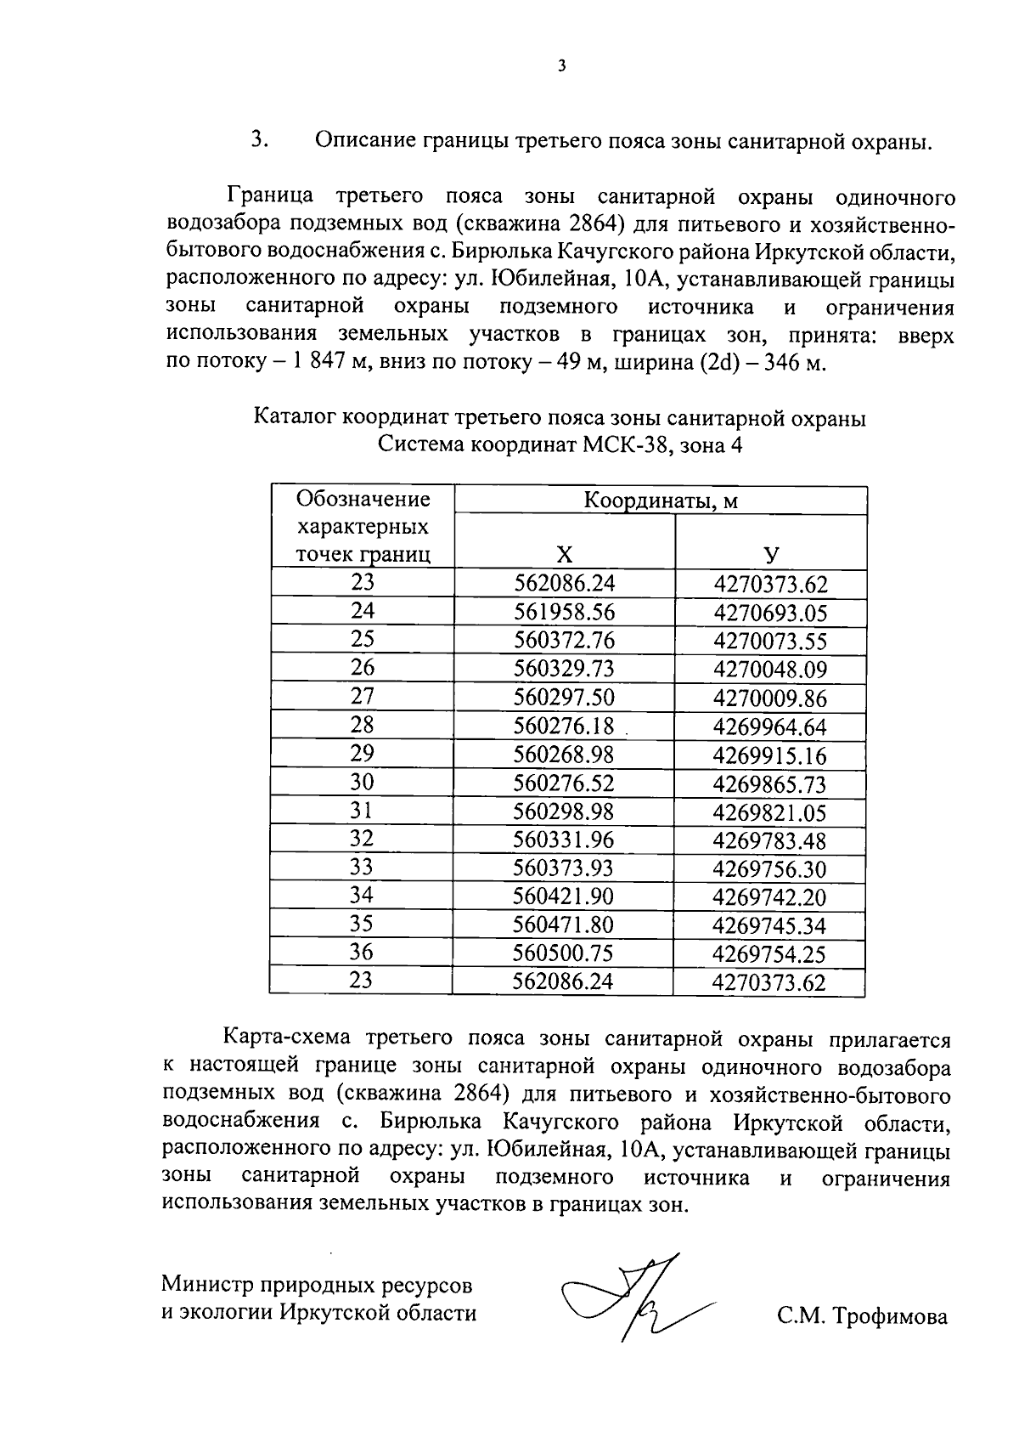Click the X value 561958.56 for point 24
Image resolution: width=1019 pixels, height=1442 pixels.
(564, 613)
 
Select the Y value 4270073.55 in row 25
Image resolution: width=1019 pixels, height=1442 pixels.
(770, 642)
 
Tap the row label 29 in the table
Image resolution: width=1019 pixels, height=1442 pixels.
(362, 753)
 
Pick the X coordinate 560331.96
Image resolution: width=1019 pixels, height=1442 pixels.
(564, 840)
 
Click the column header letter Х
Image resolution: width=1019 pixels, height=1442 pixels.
(564, 555)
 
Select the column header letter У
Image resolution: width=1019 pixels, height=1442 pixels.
(771, 555)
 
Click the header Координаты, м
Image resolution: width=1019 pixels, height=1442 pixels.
(660, 500)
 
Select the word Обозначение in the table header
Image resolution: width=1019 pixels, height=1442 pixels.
(363, 499)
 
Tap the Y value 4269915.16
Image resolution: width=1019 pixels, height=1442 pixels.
(769, 755)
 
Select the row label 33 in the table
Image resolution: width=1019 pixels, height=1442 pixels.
(362, 867)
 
